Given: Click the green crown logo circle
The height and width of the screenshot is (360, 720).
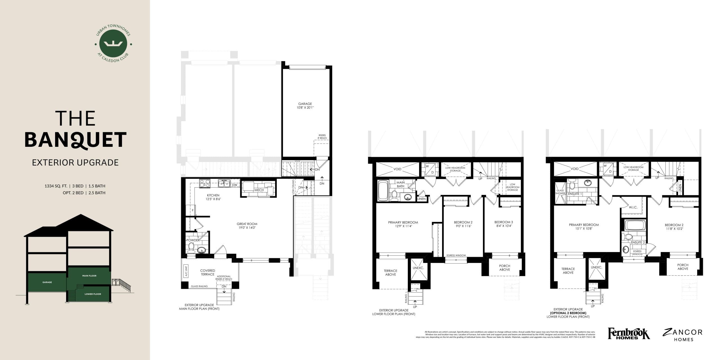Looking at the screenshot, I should [x=113, y=44].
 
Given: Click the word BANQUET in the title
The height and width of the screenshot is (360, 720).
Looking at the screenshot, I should [x=75, y=140].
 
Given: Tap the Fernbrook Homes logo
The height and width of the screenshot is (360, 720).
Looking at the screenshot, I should [x=629, y=334].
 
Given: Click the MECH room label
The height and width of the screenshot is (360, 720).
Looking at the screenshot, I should [x=259, y=190].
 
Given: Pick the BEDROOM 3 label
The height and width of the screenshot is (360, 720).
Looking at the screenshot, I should [x=503, y=222].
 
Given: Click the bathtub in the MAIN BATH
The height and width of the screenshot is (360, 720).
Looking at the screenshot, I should [x=382, y=191].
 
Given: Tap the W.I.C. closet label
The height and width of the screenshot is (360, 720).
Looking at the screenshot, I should [x=633, y=207].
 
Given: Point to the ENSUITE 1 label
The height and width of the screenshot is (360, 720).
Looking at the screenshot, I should [x=575, y=194].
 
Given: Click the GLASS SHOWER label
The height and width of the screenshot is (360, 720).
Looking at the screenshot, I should [x=560, y=192].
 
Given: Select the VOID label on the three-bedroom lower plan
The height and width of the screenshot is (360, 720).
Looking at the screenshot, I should [x=397, y=169].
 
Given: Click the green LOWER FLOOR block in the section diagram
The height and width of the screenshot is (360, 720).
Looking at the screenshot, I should [x=93, y=294].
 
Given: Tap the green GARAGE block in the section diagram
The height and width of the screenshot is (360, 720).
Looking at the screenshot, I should [x=47, y=282].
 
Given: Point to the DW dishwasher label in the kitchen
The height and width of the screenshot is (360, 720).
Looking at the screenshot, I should [x=235, y=185].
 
